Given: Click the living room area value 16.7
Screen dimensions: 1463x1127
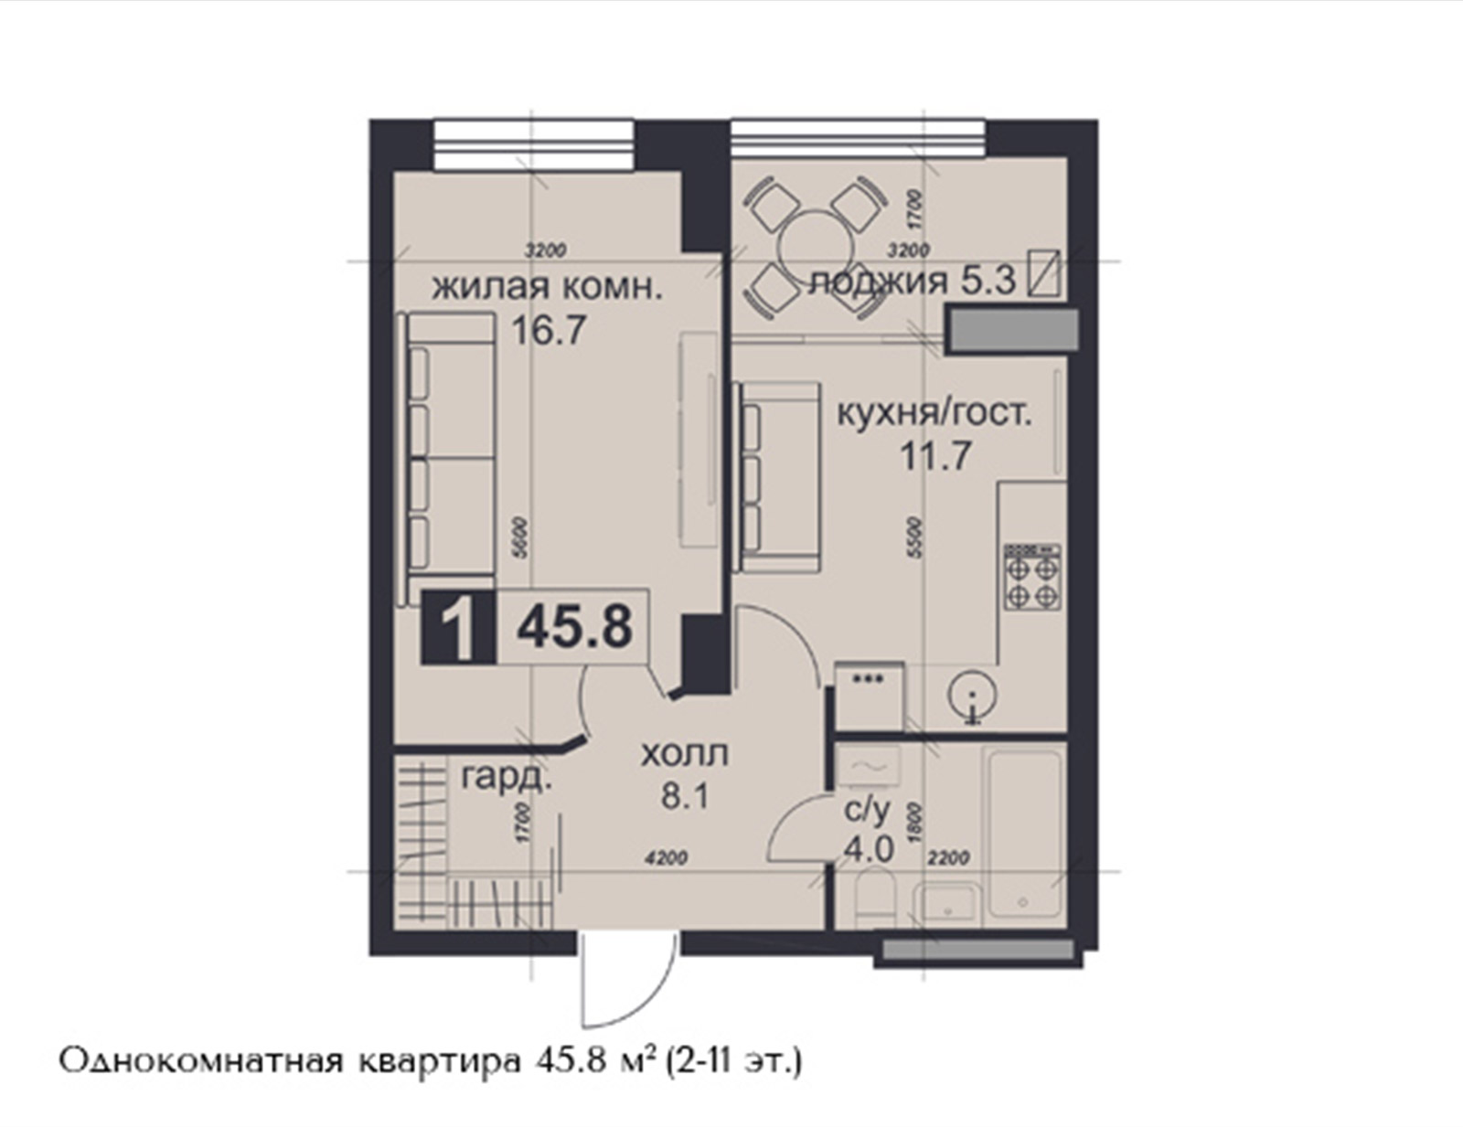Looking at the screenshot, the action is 550,330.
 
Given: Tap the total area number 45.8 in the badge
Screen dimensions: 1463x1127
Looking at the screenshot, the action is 574,626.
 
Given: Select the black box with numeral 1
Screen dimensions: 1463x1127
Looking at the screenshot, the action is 458,627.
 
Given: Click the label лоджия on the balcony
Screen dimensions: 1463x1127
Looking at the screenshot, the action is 877,282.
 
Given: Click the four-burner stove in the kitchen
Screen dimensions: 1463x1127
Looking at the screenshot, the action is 1032,577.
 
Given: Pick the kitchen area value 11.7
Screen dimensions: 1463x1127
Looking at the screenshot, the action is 935,456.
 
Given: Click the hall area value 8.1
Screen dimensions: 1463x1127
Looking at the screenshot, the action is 685,799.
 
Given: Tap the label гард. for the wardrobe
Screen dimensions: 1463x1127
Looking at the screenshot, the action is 507,779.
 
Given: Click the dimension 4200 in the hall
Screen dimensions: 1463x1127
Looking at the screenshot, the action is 666,858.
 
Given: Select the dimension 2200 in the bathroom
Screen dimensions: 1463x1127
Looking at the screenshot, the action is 948,858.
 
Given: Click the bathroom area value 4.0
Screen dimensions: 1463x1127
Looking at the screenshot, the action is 870,850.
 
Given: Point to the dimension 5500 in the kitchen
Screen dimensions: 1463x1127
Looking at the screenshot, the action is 913,537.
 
